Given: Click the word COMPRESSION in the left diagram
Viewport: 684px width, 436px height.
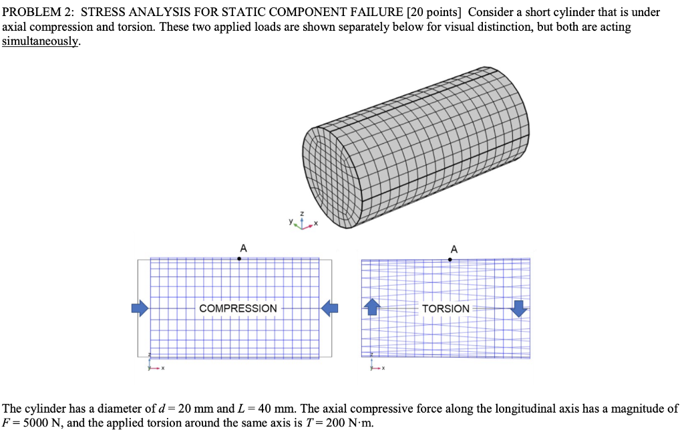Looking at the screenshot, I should [x=238, y=308].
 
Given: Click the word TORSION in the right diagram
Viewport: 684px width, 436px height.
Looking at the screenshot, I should [x=446, y=308].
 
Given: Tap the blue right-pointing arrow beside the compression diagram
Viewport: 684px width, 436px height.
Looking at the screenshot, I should [x=140, y=308].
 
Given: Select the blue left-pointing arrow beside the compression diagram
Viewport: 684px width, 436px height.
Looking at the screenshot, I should [x=330, y=308].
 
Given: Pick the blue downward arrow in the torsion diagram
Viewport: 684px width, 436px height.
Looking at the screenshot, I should [x=518, y=308].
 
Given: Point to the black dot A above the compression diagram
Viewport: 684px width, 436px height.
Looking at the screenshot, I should [x=239, y=258].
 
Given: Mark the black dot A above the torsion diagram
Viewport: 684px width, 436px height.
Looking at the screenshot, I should [x=450, y=259].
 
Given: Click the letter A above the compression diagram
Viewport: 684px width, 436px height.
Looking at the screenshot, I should [x=242, y=248].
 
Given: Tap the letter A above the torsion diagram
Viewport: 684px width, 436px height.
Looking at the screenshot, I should [x=454, y=249].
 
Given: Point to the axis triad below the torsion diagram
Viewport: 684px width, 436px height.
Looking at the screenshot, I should [x=376, y=363].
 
